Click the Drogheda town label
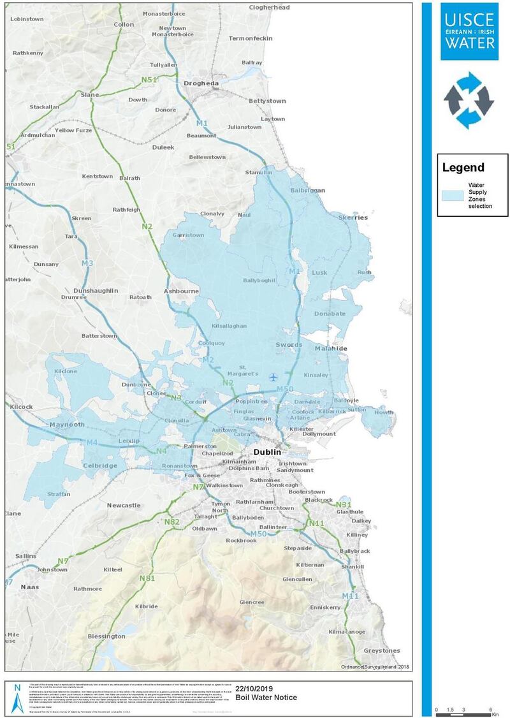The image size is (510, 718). [201, 83]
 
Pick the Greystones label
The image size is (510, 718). [381, 650]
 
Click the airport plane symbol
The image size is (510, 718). [274, 377]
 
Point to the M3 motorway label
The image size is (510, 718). [87, 263]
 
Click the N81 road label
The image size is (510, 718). [147, 578]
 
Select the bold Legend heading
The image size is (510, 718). [463, 168]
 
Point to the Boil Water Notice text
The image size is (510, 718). [266, 698]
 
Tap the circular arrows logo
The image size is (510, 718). [469, 99]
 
